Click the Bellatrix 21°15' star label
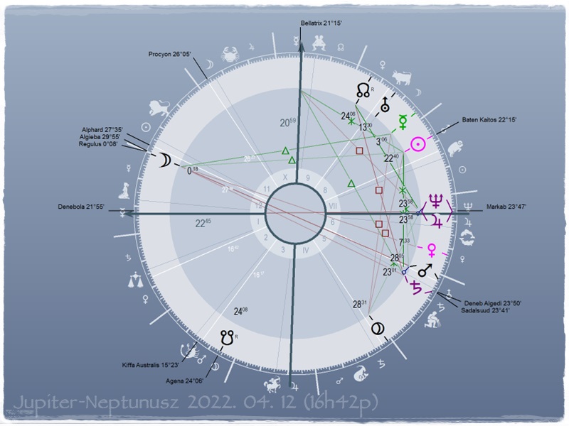pyautogui.click(x=321, y=23)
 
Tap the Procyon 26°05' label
pyautogui.click(x=170, y=54)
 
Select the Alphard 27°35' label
pyautogui.click(x=104, y=129)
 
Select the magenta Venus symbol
pyautogui.click(x=430, y=249)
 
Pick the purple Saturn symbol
pyautogui.click(x=413, y=288)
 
